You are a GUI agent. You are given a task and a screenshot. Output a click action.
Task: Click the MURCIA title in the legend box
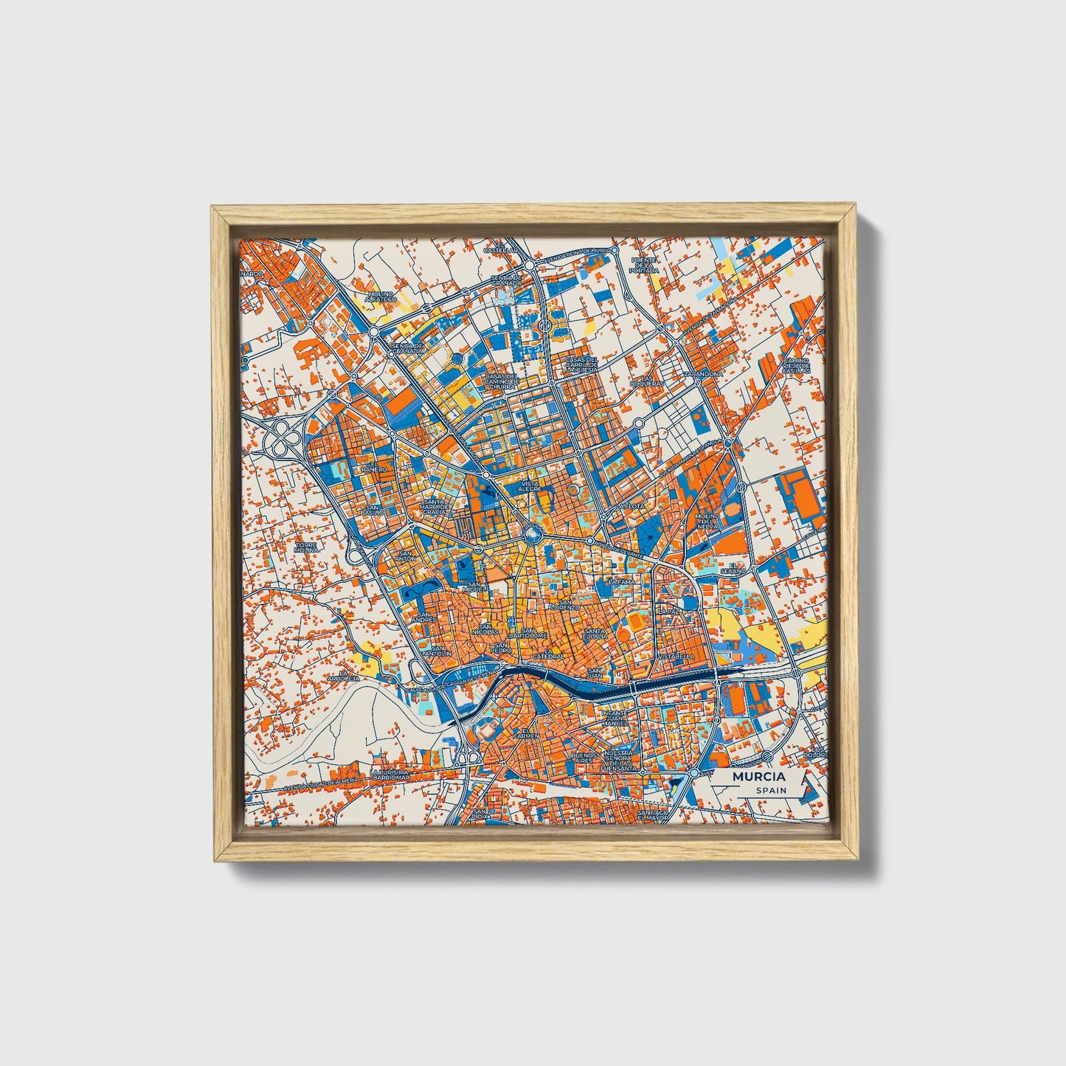pos(758,777)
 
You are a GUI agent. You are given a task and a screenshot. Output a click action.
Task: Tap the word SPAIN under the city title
pos(770,790)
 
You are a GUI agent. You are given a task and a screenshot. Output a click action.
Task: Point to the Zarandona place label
pos(703,374)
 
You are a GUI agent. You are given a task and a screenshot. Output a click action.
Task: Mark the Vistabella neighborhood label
pos(676,655)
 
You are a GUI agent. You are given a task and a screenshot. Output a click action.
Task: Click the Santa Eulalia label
pos(595,634)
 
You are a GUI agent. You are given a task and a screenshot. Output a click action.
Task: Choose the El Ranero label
pos(373,469)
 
